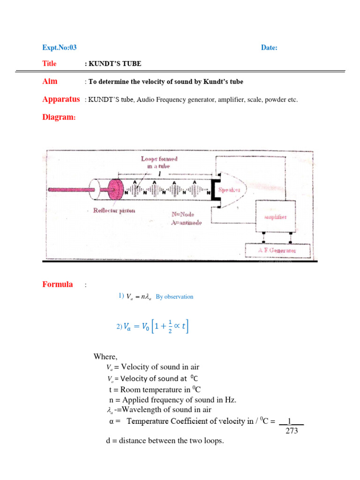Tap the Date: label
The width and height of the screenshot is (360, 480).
coord(269,47)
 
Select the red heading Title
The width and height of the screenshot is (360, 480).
coord(49,64)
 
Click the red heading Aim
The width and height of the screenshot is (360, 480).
coord(50,81)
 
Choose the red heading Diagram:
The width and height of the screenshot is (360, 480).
coord(59,117)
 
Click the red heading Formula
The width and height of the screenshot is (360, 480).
coord(58,284)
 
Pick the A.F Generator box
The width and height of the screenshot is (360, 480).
coord(277,251)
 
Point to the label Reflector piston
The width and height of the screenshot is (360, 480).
coord(114,210)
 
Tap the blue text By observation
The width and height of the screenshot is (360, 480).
coord(174,297)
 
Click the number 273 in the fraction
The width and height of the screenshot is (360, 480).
coord(292,431)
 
